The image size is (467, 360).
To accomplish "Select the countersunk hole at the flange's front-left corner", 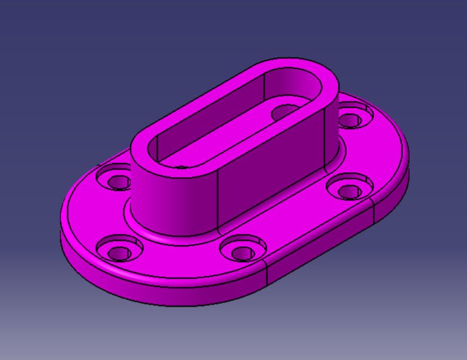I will point(119,251).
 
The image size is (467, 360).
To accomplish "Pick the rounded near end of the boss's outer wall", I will point(169,197).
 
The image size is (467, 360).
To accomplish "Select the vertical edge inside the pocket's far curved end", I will point(264,84).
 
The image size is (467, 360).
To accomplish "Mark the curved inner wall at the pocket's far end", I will point(298,90).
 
